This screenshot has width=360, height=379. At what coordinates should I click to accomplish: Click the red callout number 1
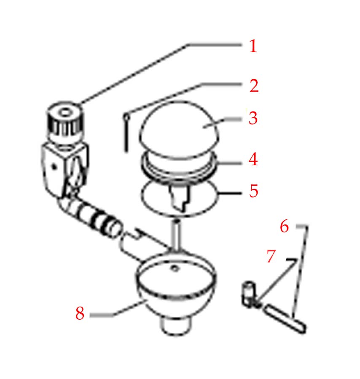tap(253, 46)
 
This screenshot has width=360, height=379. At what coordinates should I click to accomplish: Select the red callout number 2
tap(254, 85)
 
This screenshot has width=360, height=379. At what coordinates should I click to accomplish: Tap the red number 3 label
tap(253, 118)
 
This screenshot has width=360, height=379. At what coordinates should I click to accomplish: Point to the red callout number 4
tap(253, 159)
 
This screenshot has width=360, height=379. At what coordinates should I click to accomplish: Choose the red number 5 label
tap(253, 191)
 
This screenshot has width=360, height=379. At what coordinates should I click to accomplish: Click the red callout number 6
tap(284, 226)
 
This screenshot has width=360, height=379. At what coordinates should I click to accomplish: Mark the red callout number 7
tap(271, 256)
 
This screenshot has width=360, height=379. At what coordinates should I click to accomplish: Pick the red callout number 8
tap(80, 313)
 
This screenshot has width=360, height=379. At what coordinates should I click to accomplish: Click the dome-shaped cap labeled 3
tap(179, 129)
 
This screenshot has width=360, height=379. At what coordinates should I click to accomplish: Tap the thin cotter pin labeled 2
tap(126, 133)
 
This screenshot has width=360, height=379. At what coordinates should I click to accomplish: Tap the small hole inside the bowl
tap(175, 268)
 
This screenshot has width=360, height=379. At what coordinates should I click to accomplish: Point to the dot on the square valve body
tap(54, 166)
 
